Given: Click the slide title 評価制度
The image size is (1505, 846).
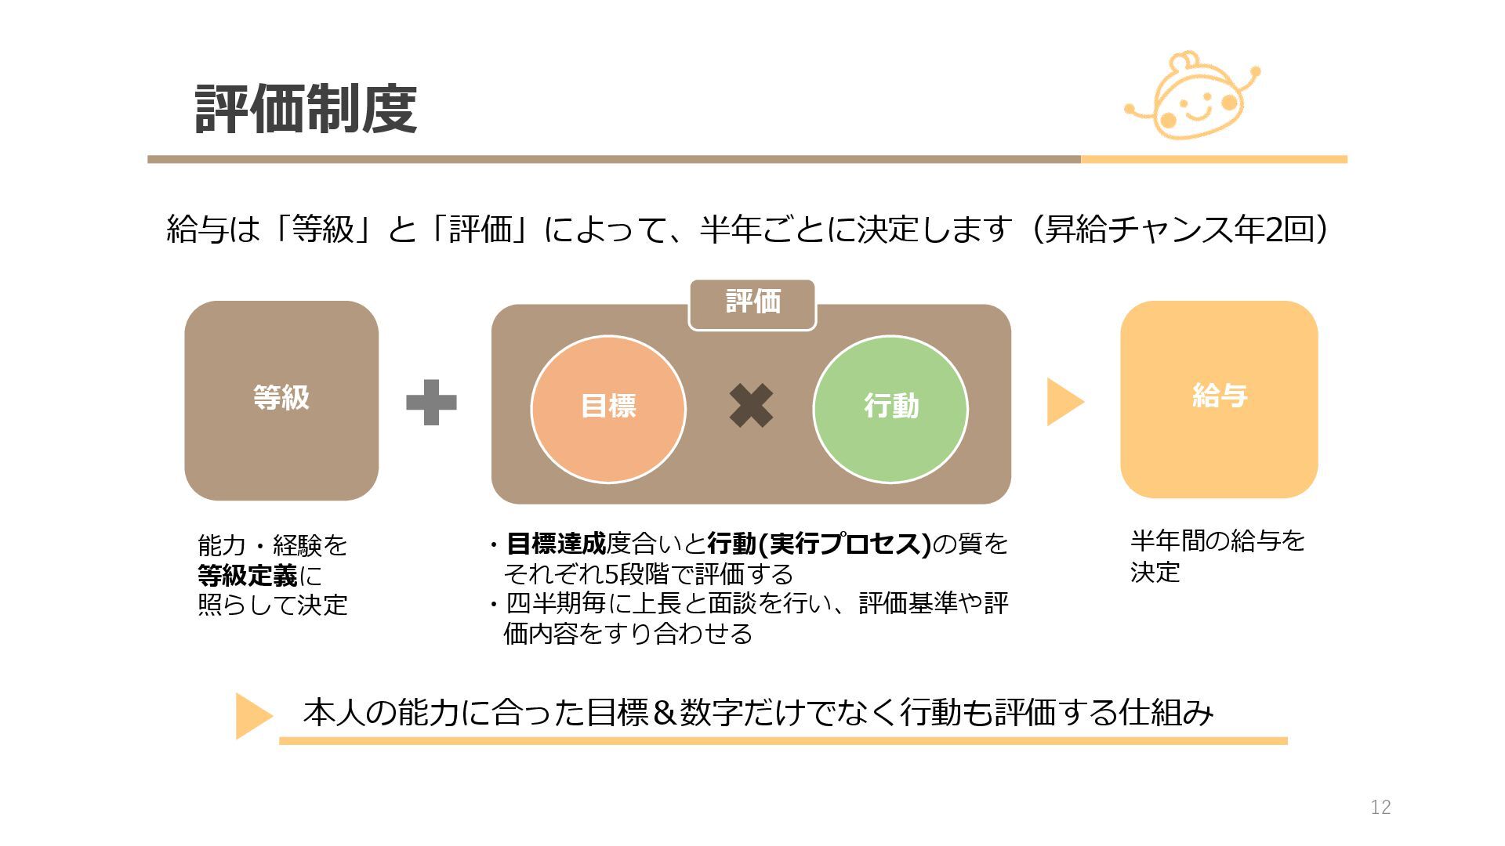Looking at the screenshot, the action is [x=306, y=109].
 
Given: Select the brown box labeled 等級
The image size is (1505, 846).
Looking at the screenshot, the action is [x=281, y=400].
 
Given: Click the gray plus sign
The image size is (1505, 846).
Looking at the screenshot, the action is [x=431, y=403].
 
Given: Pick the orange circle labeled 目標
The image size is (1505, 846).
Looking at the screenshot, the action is [x=608, y=408].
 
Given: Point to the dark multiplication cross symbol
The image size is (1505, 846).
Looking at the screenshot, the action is [x=751, y=406].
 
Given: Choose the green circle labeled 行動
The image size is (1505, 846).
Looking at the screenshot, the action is [x=890, y=408].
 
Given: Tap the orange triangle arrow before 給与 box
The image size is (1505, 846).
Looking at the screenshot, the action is [x=1064, y=402].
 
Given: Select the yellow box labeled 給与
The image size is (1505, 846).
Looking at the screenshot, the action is [x=1219, y=399].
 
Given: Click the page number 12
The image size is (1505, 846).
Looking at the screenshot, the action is [x=1380, y=807].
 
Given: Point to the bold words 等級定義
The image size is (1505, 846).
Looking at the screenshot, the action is [x=248, y=576].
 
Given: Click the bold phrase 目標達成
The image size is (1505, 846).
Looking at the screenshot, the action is [x=557, y=543].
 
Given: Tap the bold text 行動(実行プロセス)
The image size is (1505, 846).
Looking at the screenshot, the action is [x=818, y=543].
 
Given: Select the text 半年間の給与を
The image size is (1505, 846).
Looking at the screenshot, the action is [x=1217, y=540].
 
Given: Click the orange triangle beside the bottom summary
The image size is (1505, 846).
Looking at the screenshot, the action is [x=252, y=715].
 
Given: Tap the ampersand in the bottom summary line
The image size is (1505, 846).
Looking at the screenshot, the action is [x=663, y=713].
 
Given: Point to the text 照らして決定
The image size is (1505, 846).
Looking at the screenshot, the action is [x=273, y=606].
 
